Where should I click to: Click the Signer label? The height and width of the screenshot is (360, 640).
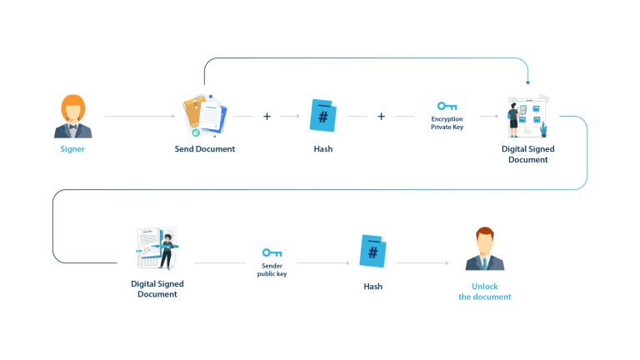(72, 149)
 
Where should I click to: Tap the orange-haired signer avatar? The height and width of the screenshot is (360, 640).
(72, 117)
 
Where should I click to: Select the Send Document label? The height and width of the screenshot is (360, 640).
(204, 149)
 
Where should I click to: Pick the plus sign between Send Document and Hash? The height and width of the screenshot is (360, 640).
(267, 117)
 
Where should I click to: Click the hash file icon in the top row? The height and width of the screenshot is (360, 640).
(322, 115)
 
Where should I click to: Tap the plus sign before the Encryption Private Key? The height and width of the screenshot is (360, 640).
(381, 117)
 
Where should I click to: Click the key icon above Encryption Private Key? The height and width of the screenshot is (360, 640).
(447, 106)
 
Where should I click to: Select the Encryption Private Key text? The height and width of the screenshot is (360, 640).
(447, 123)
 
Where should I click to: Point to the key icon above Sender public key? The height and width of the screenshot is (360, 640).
(272, 252)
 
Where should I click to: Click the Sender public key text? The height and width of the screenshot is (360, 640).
(272, 270)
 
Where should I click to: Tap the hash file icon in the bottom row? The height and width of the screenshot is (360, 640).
(372, 251)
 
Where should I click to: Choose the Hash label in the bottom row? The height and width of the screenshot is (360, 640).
(372, 286)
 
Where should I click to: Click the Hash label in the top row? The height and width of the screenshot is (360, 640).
(322, 149)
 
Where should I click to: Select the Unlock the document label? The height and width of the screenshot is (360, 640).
(484, 292)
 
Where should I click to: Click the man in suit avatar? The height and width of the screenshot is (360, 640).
(484, 250)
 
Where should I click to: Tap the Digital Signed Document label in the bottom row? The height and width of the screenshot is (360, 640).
(157, 288)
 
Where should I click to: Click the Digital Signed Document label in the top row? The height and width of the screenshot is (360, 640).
(527, 154)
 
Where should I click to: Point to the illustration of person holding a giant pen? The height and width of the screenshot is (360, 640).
(157, 248)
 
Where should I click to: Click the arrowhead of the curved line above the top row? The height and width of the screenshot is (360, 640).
(528, 82)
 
